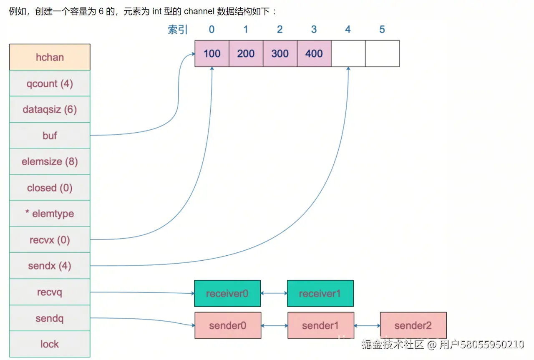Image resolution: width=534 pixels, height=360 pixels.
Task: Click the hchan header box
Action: point(50,57)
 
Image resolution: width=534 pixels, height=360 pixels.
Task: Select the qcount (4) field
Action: point(50,83)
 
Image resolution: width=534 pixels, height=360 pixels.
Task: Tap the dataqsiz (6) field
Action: point(50,110)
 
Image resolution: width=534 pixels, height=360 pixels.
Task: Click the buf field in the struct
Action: point(50,136)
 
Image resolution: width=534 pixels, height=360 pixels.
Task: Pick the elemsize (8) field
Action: point(50,161)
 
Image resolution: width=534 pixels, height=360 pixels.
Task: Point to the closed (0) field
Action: point(50,188)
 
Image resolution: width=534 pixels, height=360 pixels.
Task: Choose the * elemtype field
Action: point(50,214)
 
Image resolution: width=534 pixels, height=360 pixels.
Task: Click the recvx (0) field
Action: point(50,240)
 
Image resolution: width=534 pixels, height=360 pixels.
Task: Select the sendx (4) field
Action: point(50,266)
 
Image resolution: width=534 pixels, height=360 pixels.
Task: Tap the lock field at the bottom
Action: point(50,344)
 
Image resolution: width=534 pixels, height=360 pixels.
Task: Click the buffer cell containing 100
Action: point(212,53)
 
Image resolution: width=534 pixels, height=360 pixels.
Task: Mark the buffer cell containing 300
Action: point(280,53)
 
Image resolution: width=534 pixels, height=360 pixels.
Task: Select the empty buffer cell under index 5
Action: point(382,53)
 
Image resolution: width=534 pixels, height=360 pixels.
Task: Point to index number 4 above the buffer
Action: point(348,30)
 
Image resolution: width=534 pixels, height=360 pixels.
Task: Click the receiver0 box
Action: point(227,293)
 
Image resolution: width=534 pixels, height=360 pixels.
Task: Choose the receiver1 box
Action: point(320,293)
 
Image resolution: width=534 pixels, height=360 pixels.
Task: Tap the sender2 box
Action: point(413,325)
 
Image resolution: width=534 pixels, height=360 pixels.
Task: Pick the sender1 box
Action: point(320,325)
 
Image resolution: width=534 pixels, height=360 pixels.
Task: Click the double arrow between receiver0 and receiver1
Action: point(274,293)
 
